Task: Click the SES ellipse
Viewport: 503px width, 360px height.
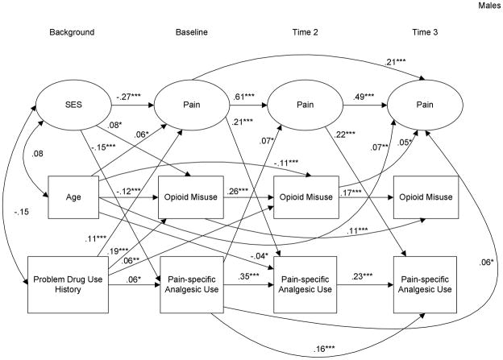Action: coord(72,106)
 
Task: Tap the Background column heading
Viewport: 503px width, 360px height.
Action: coord(72,32)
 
